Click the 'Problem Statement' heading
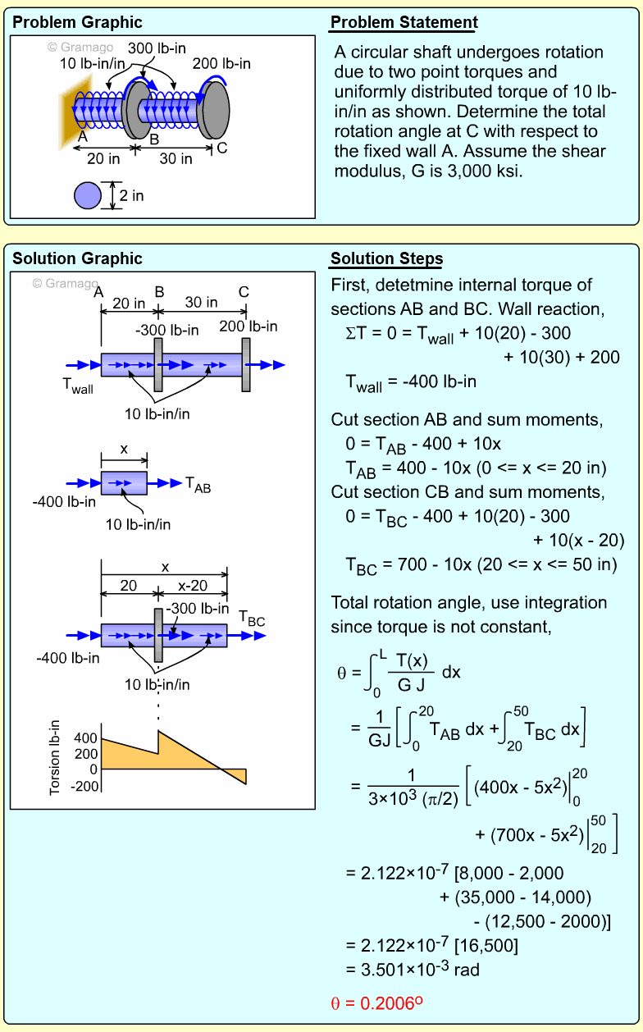click(404, 22)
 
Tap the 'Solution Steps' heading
click(386, 259)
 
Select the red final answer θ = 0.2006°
click(376, 1002)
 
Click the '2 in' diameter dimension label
click(131, 196)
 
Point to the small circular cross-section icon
click(88, 196)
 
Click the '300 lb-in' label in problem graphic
click(153, 48)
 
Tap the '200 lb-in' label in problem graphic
click(221, 63)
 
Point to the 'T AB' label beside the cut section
click(198, 485)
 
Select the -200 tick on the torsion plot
click(84, 785)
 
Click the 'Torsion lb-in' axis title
click(56, 758)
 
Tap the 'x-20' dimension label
click(193, 587)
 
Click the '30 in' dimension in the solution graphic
click(201, 302)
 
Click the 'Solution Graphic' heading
click(77, 259)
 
